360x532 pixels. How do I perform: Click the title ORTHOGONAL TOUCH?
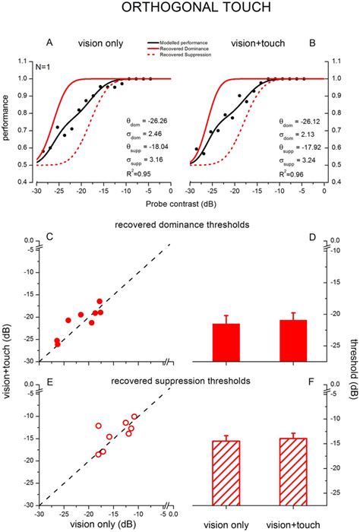coord(180,11)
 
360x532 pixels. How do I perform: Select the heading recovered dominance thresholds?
coord(181,226)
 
